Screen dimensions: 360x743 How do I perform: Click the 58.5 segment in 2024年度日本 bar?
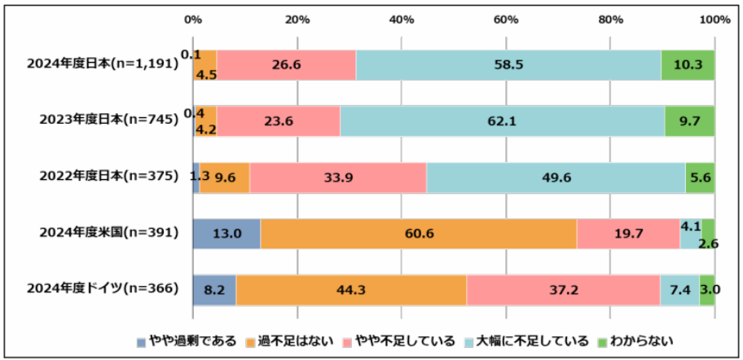point(508,65)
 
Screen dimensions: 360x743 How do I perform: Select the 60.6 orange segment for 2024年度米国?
point(419,233)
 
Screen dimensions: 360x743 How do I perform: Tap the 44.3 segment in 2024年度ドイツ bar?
point(351,289)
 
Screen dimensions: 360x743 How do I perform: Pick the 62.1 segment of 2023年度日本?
point(502,121)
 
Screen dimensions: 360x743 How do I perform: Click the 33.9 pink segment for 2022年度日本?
point(337,178)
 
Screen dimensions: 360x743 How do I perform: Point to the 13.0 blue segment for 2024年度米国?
point(226,233)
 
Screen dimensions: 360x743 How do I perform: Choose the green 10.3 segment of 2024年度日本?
point(688,65)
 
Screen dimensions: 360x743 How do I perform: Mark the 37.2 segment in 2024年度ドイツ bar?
point(563,289)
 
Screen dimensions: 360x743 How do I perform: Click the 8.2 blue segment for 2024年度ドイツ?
point(214,289)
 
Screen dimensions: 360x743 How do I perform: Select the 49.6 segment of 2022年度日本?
point(556,178)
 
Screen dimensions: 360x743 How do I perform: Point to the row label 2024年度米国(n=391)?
point(109,233)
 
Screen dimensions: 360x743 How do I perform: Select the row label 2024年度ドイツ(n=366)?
point(102,288)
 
